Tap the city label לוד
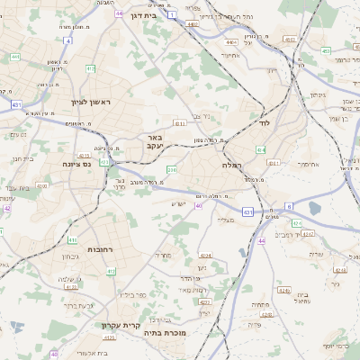264,121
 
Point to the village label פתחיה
261,306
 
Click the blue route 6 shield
289,206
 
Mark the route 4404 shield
232,42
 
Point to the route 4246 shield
284,291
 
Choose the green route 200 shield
172,168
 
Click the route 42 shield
7,208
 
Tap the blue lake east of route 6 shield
314,209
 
